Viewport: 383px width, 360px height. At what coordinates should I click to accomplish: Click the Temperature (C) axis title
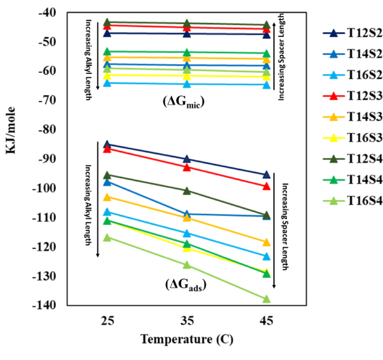coord(187,339)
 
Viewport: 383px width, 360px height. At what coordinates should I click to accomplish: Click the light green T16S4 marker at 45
coord(267,299)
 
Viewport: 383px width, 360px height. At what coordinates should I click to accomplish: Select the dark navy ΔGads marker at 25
coord(107,144)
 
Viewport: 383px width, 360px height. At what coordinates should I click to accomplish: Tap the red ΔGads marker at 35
coord(187,167)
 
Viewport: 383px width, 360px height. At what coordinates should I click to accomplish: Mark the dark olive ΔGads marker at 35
coord(187,191)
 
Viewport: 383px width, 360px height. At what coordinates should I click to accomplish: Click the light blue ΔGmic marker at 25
coord(107,83)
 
